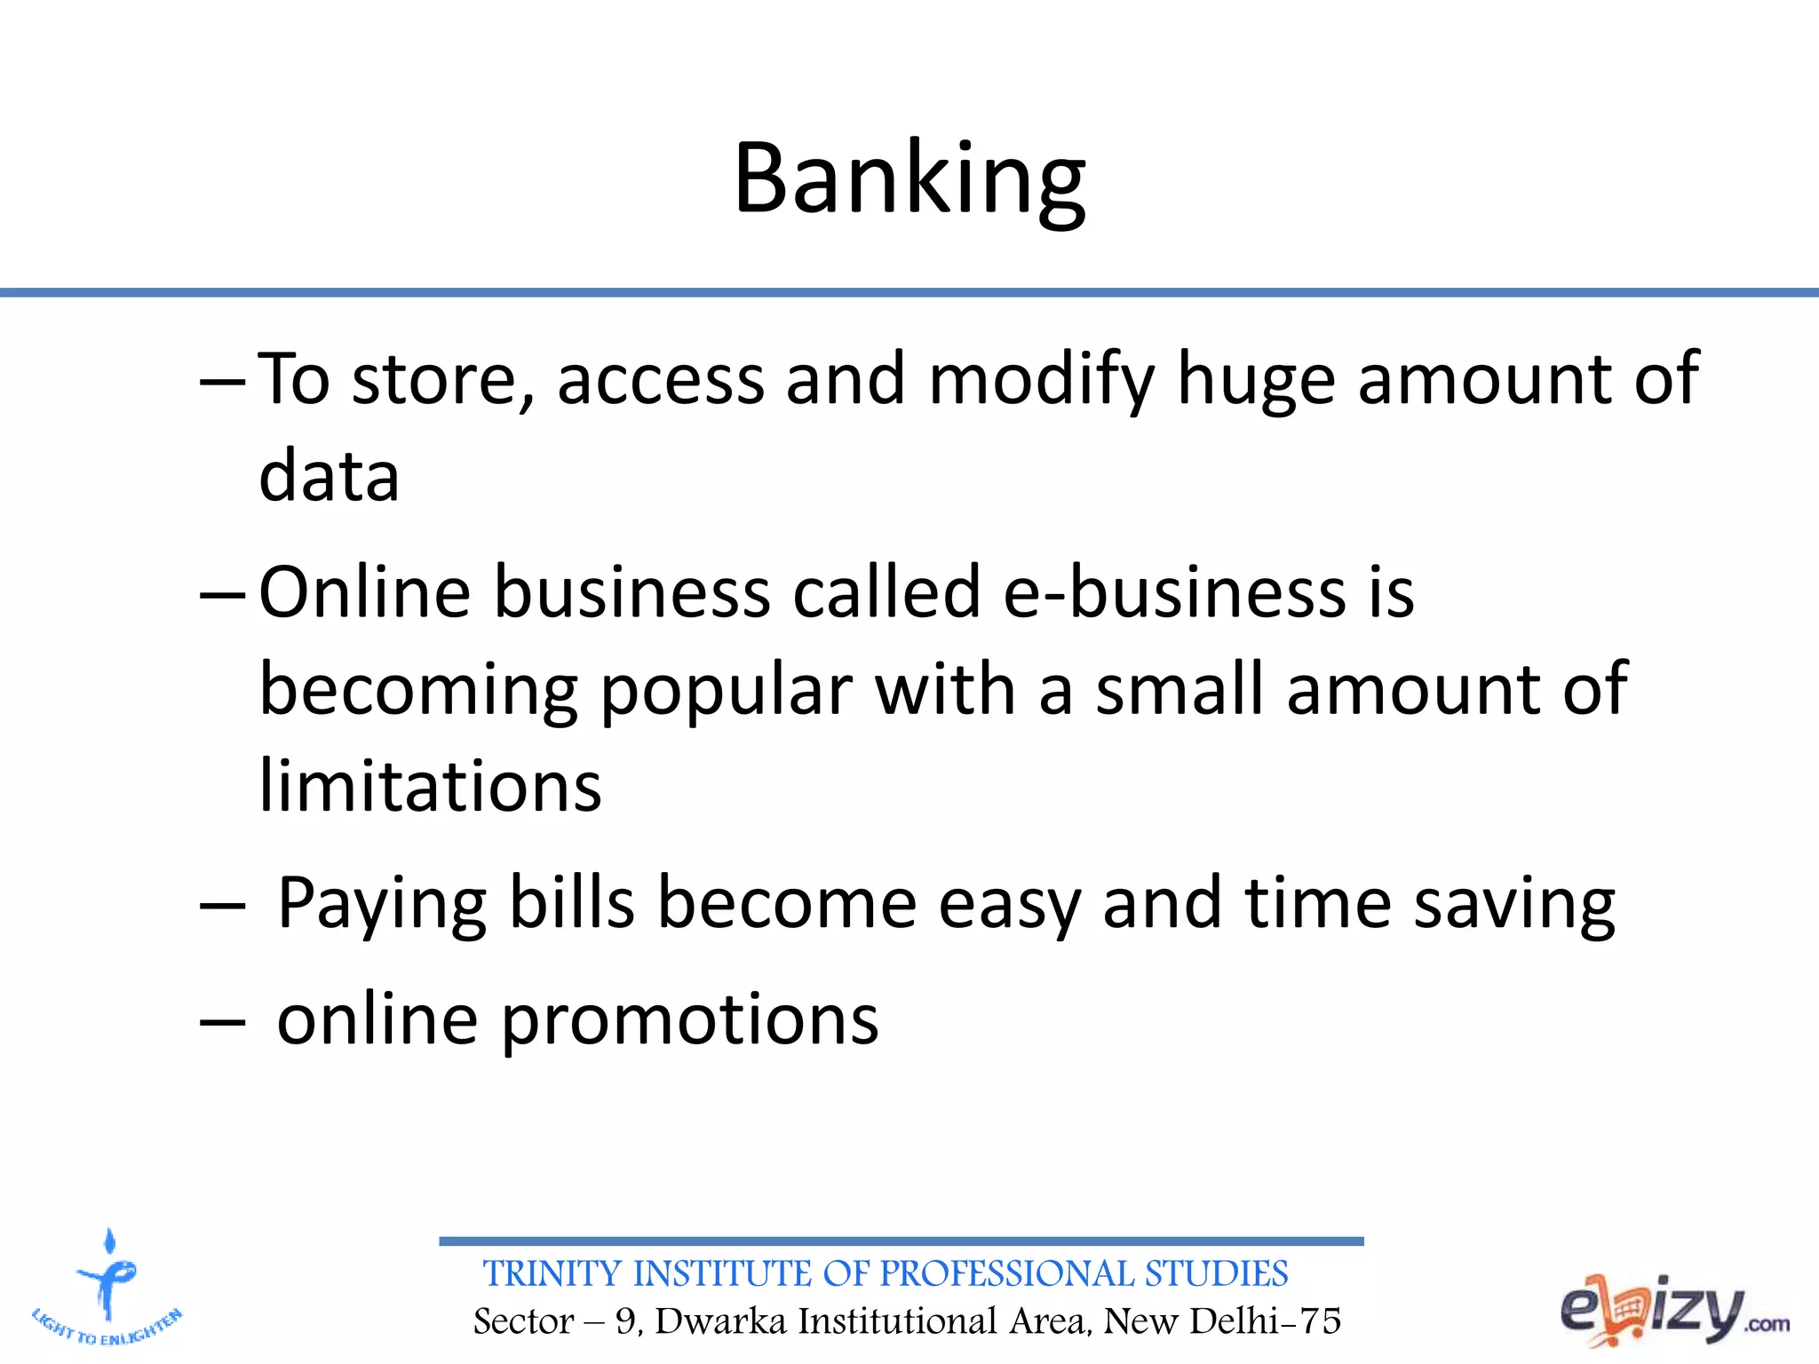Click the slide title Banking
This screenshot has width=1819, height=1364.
(x=909, y=179)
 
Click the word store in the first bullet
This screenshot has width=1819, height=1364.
(x=433, y=380)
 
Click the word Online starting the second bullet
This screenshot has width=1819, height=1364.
(x=364, y=592)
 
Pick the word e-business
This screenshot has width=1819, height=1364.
(x=1174, y=592)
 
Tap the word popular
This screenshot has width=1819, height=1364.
(x=726, y=692)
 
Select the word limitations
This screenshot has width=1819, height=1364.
(x=430, y=787)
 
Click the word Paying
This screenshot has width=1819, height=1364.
(x=382, y=904)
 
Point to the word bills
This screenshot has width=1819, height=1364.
(x=572, y=904)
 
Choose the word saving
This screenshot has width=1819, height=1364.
(x=1514, y=904)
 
